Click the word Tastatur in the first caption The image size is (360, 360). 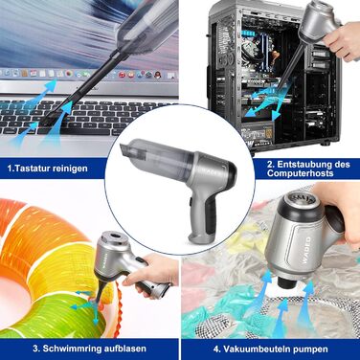tap(32, 169)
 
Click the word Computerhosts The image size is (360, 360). tap(301, 173)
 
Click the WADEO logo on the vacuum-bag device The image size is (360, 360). tap(306, 250)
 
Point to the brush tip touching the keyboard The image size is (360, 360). tap(46, 121)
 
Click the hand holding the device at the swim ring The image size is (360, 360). tap(150, 272)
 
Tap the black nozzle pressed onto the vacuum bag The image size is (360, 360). tap(285, 281)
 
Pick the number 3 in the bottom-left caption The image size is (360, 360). tap(35, 349)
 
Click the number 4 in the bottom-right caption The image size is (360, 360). tap(216, 349)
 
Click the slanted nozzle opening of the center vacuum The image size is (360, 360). tap(124, 149)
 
